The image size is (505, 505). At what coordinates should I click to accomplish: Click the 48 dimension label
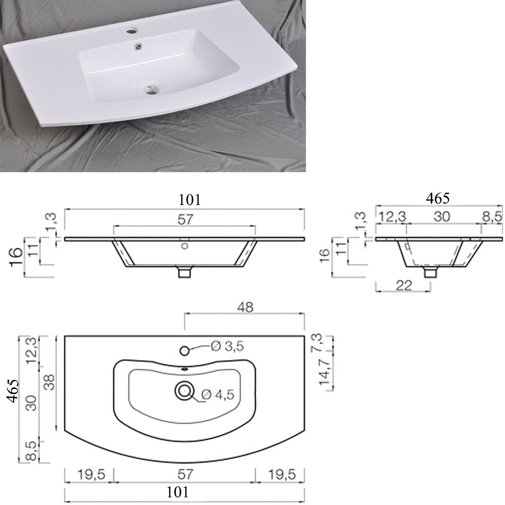pyautogui.click(x=245, y=307)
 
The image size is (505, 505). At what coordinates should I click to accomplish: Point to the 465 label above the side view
pyautogui.click(x=437, y=198)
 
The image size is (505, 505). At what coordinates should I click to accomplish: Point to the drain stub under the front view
pyautogui.click(x=185, y=272)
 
